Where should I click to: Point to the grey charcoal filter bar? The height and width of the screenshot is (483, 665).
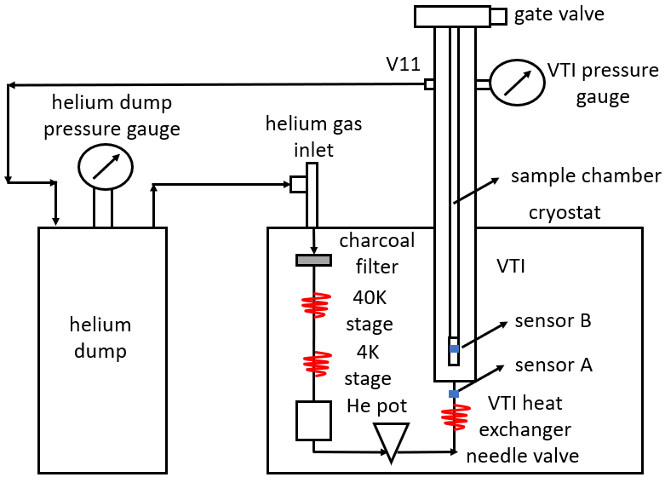pyautogui.click(x=313, y=260)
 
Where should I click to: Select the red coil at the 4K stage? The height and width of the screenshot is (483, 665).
pyautogui.click(x=314, y=363)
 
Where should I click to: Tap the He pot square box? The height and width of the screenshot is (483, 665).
pyautogui.click(x=313, y=420)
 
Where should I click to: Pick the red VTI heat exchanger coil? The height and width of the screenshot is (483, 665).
pyautogui.click(x=454, y=417)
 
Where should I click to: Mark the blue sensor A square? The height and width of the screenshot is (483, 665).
pyautogui.click(x=454, y=394)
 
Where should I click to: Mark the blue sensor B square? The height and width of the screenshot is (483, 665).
pyautogui.click(x=454, y=349)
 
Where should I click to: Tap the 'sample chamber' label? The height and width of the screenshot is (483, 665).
pyautogui.click(x=586, y=176)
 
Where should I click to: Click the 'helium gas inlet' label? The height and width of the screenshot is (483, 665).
pyautogui.click(x=313, y=137)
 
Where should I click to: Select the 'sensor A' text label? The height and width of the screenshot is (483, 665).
pyautogui.click(x=553, y=365)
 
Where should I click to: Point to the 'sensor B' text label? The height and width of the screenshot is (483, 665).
pyautogui.click(x=553, y=322)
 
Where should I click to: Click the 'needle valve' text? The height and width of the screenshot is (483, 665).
pyautogui.click(x=522, y=455)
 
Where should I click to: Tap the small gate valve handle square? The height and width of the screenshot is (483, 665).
pyautogui.click(x=498, y=15)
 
